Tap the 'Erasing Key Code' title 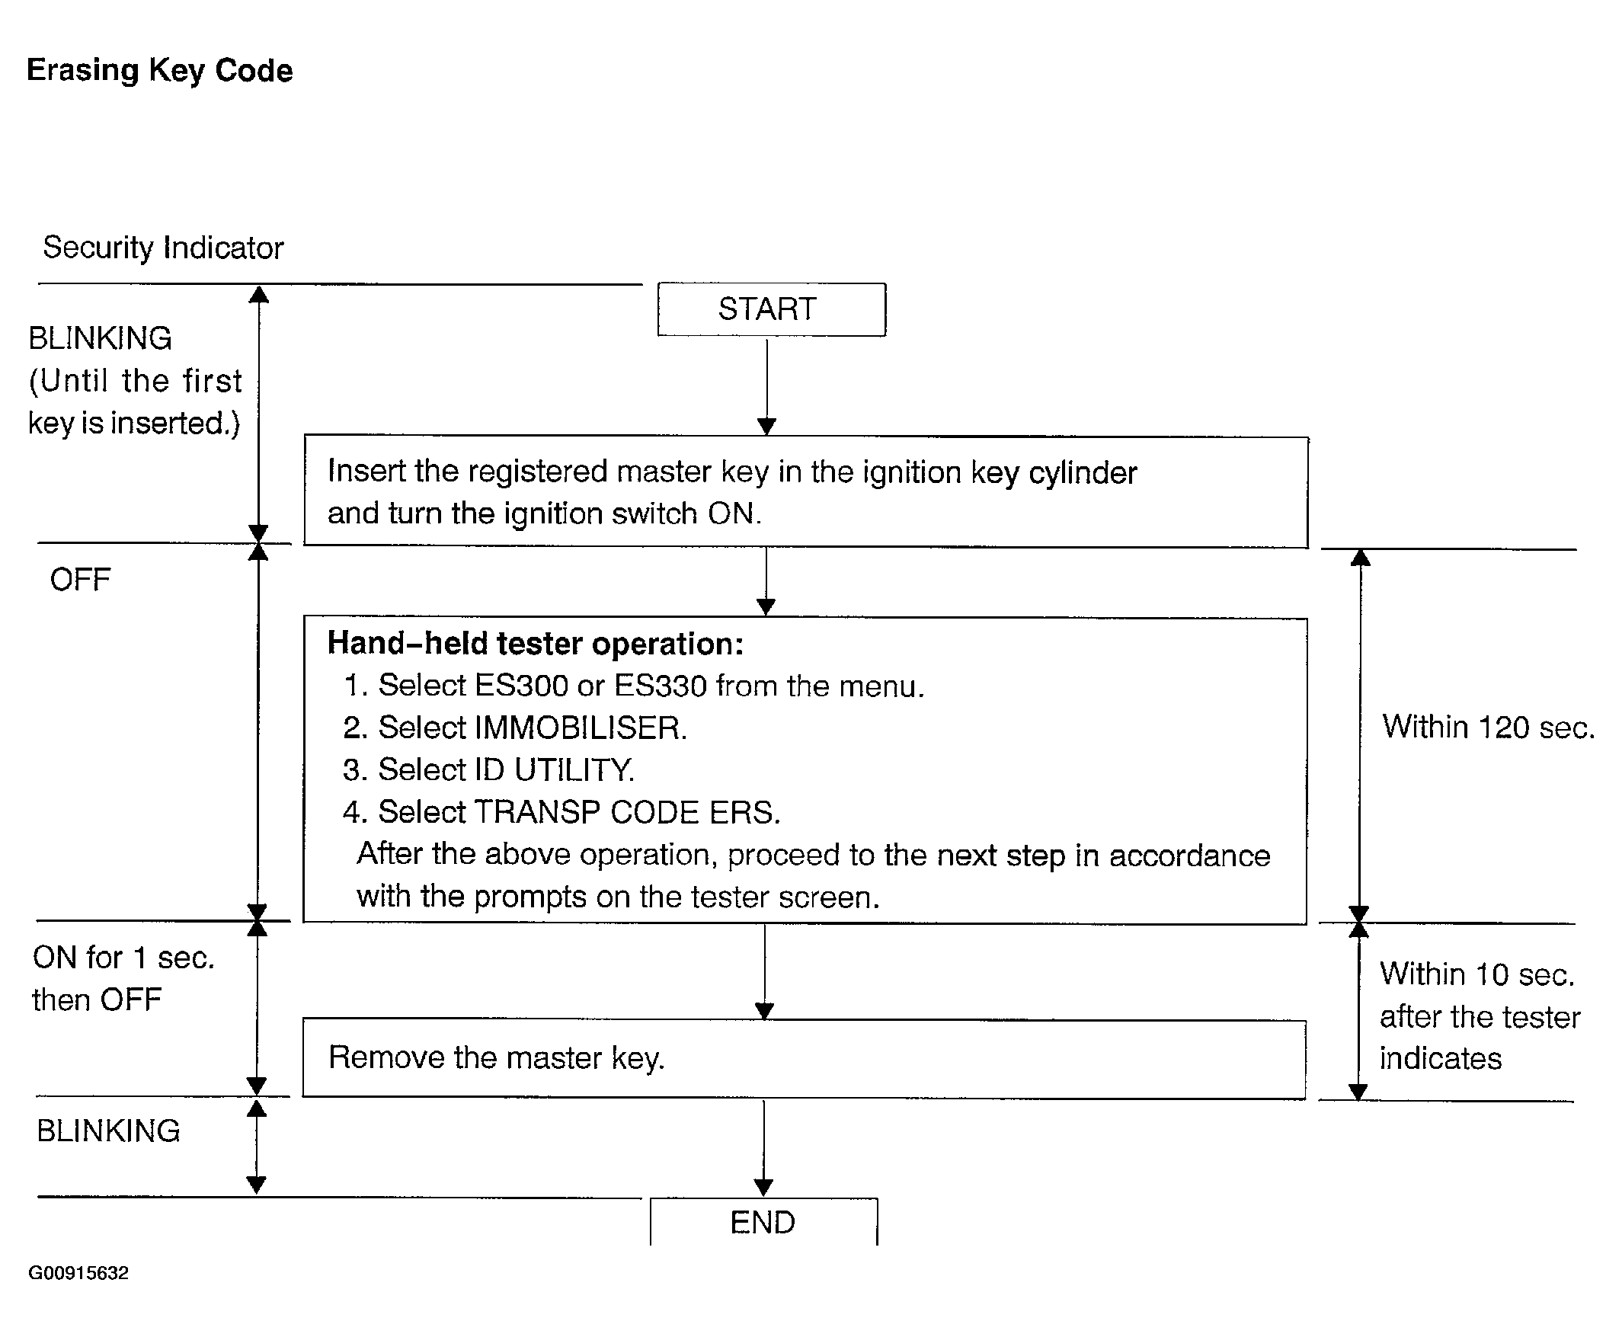[x=160, y=71]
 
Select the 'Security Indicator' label [x=163, y=248]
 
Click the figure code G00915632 [x=78, y=1273]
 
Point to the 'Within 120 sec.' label [x=1488, y=727]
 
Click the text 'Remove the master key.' [x=497, y=1058]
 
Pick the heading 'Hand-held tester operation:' [x=536, y=644]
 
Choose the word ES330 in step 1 [x=660, y=686]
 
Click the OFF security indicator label [x=80, y=580]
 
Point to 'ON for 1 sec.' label [x=124, y=958]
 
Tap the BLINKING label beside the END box [x=109, y=1131]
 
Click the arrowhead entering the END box [x=764, y=1188]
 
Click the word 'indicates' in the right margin [x=1440, y=1058]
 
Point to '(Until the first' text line [x=136, y=381]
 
